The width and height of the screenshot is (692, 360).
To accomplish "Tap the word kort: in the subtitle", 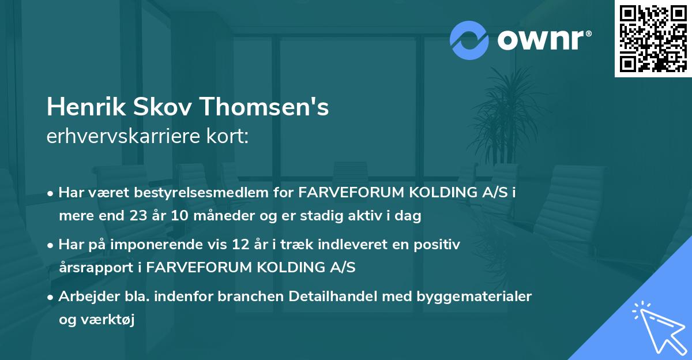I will tap(231, 136).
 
